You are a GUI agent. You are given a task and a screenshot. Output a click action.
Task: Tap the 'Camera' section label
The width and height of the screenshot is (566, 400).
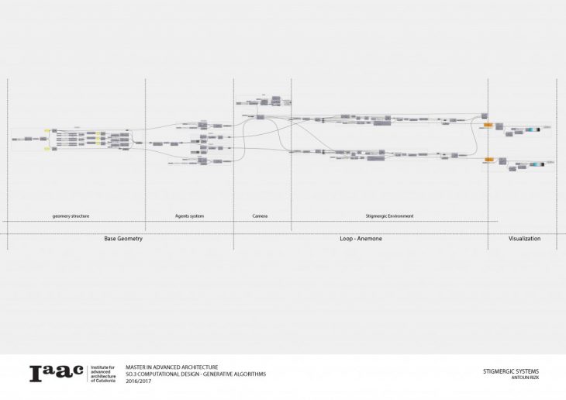coord(261,216)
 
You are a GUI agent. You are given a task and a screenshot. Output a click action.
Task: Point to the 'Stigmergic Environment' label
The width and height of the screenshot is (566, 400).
coord(389,216)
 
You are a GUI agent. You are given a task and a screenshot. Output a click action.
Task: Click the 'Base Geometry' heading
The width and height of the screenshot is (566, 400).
coord(123,239)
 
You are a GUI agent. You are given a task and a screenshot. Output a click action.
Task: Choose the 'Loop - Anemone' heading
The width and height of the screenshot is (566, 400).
coord(361,239)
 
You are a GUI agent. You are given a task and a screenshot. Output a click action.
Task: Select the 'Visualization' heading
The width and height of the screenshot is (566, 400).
coord(524,239)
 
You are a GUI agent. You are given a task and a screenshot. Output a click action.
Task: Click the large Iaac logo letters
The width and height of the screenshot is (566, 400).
coord(56,374)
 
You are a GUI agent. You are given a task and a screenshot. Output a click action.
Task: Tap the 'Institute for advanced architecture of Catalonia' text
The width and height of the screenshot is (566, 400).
coord(103,374)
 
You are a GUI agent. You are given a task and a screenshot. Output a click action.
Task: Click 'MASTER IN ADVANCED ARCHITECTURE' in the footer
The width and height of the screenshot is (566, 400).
coord(171,367)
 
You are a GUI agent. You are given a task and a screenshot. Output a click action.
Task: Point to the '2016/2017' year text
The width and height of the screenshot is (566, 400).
coord(138,381)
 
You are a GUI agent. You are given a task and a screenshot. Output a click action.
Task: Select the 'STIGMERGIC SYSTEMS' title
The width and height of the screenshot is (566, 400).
coord(510,371)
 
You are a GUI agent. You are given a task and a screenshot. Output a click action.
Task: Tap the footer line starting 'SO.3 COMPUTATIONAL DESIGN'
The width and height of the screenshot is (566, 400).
coord(195,374)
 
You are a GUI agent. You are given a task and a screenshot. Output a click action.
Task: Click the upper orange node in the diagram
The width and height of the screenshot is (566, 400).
coord(488,124)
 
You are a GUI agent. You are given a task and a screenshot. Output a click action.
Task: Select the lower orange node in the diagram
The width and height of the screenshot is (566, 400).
coord(488,160)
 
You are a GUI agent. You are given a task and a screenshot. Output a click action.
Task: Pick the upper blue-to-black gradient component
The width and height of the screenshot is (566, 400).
coord(533,128)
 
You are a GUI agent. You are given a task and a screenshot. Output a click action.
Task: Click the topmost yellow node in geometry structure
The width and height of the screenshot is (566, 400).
coord(47,130)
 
